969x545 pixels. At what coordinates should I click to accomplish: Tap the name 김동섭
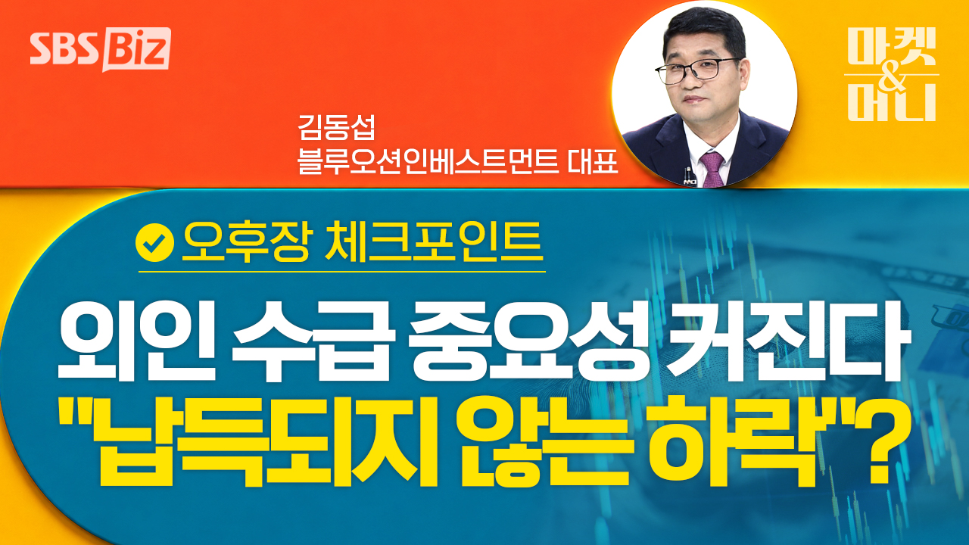tap(336, 127)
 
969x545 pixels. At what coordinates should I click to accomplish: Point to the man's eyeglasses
tap(696, 70)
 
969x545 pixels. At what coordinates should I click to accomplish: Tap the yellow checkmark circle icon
tap(154, 243)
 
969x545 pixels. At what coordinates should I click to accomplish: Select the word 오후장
tap(246, 243)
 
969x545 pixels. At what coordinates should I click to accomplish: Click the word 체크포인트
tap(435, 242)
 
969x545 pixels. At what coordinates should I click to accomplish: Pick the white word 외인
tap(136, 344)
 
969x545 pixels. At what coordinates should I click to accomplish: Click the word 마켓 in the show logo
tap(892, 47)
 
